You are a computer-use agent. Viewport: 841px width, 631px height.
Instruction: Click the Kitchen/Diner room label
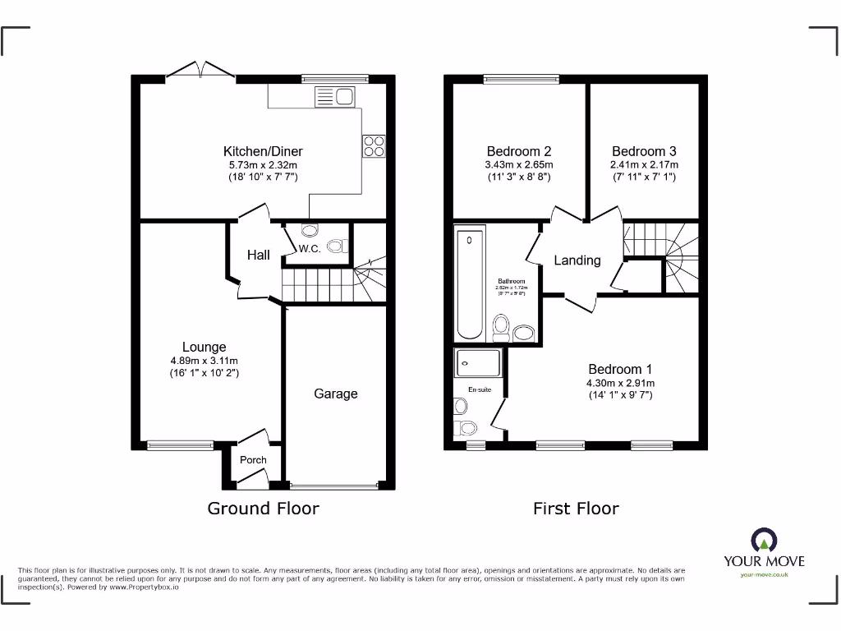pyautogui.click(x=263, y=151)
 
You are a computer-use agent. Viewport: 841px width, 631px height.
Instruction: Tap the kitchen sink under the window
pyautogui.click(x=335, y=98)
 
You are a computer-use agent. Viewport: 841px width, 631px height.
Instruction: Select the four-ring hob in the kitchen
pyautogui.click(x=373, y=145)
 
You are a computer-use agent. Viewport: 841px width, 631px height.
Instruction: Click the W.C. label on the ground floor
pyautogui.click(x=309, y=249)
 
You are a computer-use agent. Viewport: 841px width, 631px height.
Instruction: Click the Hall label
pyautogui.click(x=259, y=256)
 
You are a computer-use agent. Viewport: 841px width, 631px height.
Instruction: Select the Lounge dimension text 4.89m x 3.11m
pyautogui.click(x=204, y=361)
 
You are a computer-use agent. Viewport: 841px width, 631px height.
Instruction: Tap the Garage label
pyautogui.click(x=336, y=394)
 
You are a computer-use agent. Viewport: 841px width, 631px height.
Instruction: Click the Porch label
pyautogui.click(x=253, y=460)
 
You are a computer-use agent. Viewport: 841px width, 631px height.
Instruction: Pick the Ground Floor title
pyautogui.click(x=263, y=509)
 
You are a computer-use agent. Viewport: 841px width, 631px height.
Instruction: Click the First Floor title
pyautogui.click(x=576, y=509)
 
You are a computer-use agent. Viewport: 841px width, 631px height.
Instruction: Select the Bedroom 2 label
pyautogui.click(x=518, y=151)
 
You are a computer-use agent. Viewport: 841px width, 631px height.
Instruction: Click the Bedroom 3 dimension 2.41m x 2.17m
pyautogui.click(x=644, y=164)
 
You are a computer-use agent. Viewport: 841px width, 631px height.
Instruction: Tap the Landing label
pyautogui.click(x=577, y=260)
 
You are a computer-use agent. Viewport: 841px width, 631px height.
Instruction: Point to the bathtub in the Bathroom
pyautogui.click(x=469, y=284)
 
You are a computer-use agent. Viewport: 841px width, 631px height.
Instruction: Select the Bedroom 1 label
pyautogui.click(x=621, y=369)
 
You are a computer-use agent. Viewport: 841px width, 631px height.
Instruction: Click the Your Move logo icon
pyautogui.click(x=764, y=540)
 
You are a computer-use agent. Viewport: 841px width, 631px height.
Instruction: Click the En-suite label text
pyautogui.click(x=480, y=389)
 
